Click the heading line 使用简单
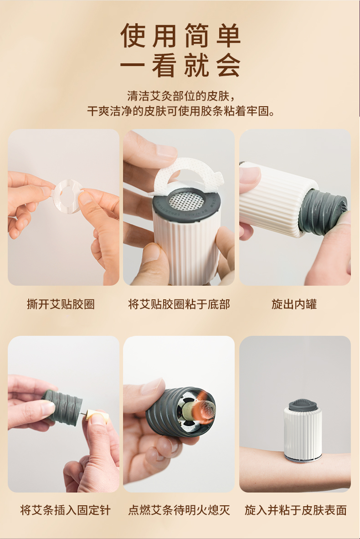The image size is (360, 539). coord(180,36)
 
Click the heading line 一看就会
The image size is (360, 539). coord(180,66)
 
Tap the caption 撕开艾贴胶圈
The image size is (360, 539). coord(61,304)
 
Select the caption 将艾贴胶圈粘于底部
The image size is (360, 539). coord(179,304)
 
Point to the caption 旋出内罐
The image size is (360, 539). coord(294,304)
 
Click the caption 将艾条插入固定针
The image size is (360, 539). coord(65,510)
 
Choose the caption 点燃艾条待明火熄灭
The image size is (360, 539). coord(179,510)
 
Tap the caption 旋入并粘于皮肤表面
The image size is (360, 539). coord(296,510)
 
